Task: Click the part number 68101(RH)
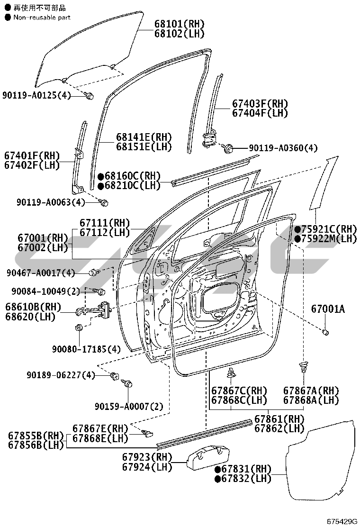tap(180, 24)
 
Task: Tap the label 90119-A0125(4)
tap(36, 95)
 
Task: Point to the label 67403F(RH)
tap(260, 103)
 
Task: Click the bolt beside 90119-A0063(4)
tap(104, 202)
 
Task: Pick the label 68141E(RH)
tap(144, 137)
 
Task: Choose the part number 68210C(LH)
tap(132, 185)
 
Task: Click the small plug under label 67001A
tap(325, 332)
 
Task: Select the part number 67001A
tap(328, 309)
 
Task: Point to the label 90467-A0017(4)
tap(41, 273)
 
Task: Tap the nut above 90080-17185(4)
tap(79, 327)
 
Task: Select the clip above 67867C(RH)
tap(231, 372)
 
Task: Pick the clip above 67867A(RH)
tap(303, 366)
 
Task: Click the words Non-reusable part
tap(42, 17)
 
